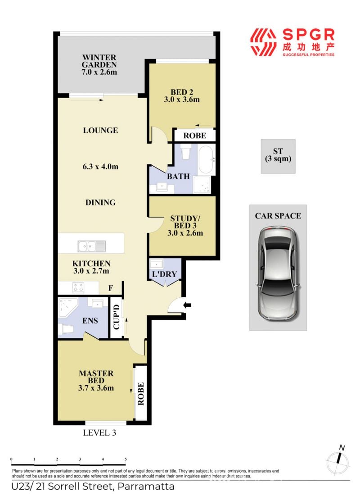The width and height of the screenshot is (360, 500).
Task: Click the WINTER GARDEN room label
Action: (99, 61)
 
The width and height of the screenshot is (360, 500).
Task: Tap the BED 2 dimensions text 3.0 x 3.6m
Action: (182, 100)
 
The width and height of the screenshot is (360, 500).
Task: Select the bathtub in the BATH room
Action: (207, 160)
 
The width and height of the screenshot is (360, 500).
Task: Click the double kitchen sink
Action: (92, 246)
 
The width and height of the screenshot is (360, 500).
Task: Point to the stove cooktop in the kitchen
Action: (78, 287)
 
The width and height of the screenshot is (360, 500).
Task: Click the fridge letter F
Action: (111, 288)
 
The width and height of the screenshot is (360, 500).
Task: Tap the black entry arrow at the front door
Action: (187, 305)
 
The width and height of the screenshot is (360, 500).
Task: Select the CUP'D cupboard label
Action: (116, 317)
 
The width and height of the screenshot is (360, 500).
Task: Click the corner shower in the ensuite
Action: (68, 307)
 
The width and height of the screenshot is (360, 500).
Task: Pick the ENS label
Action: (90, 321)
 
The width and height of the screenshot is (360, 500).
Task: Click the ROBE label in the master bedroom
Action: (140, 394)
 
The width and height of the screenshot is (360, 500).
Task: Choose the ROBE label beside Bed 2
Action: (195, 136)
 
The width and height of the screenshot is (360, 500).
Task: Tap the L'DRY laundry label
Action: (164, 274)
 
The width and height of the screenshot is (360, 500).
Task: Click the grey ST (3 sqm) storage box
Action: (278, 156)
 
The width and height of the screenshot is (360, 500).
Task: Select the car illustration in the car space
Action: (278, 274)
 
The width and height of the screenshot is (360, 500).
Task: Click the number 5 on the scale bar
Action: (126, 459)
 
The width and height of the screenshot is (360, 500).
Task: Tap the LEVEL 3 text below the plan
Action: (99, 433)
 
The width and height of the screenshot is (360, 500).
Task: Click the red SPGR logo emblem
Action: (263, 42)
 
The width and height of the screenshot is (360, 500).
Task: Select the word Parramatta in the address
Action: (146, 486)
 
